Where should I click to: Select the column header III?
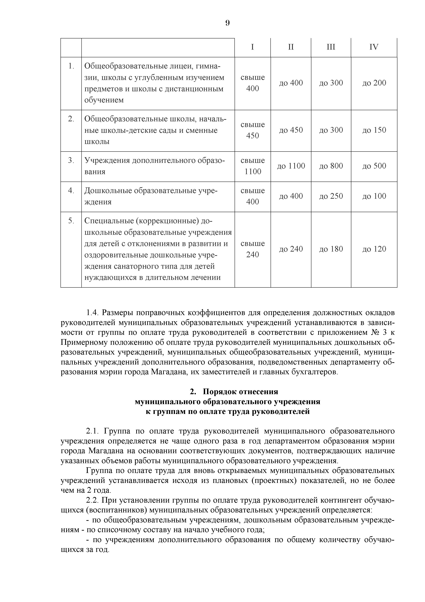point(331,47)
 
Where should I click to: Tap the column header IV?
point(374,47)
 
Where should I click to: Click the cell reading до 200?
point(374,83)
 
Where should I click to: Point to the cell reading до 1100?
point(291,166)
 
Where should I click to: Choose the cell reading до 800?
point(331,166)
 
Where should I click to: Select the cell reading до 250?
point(331,196)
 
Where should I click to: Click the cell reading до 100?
point(374,196)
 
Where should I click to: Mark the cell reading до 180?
point(331,249)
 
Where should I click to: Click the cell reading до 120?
point(374,249)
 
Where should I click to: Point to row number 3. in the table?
point(71,160)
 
